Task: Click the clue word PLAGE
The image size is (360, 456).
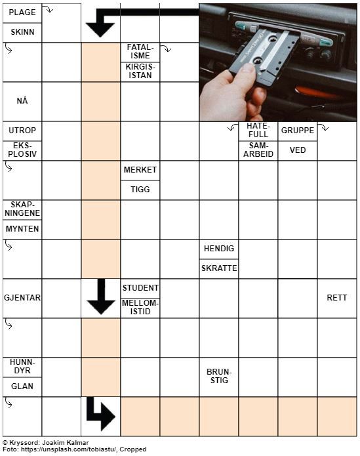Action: pyautogui.click(x=22, y=12)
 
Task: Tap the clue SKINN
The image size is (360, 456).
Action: pyautogui.click(x=22, y=32)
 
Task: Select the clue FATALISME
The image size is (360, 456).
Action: pyautogui.click(x=140, y=51)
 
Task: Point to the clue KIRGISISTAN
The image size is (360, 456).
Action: pyautogui.click(x=140, y=71)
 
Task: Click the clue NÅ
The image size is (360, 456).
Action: pyautogui.click(x=22, y=101)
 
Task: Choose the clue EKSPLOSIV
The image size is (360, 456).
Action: pyautogui.click(x=22, y=150)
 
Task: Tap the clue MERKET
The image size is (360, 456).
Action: pyautogui.click(x=140, y=170)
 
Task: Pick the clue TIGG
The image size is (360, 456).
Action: pyautogui.click(x=140, y=190)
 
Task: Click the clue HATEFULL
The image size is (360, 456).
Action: pyautogui.click(x=258, y=130)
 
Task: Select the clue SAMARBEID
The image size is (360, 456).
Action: pyautogui.click(x=258, y=150)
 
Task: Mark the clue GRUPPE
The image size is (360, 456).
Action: pyautogui.click(x=298, y=131)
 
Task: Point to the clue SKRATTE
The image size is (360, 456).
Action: pyautogui.click(x=219, y=268)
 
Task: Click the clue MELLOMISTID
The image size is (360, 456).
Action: pyautogui.click(x=140, y=307)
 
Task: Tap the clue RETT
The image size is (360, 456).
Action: pyautogui.click(x=337, y=298)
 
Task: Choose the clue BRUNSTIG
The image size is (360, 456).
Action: pyautogui.click(x=219, y=376)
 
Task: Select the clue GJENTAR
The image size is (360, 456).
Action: pyautogui.click(x=22, y=298)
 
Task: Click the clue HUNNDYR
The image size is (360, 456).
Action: pyautogui.click(x=22, y=366)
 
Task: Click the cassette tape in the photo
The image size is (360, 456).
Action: pyautogui.click(x=264, y=55)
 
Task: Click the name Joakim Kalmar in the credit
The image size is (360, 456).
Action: pyautogui.click(x=66, y=443)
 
